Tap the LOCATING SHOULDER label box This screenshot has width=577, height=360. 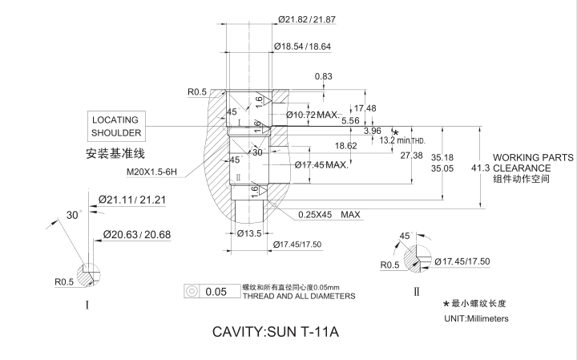tap(115, 126)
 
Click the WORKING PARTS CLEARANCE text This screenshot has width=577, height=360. tap(533, 163)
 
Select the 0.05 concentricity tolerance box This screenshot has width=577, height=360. tap(216, 291)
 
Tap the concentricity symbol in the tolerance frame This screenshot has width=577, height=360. tap(192, 291)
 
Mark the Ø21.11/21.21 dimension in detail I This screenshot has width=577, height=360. tap(131, 200)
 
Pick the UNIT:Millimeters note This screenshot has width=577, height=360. tap(476, 319)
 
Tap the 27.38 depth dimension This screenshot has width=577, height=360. tap(411, 155)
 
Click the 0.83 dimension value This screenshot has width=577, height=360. tap(324, 76)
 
